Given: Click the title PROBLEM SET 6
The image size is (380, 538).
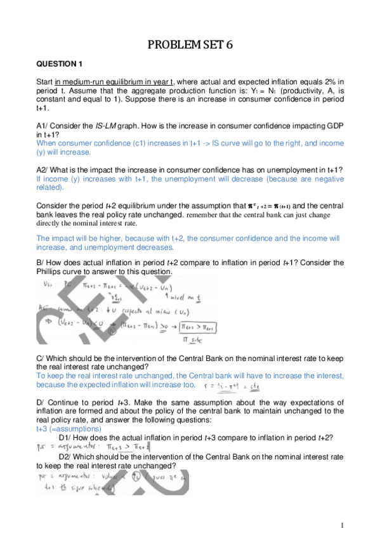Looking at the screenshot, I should (190, 44).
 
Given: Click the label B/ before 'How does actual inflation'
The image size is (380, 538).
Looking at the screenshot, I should (40, 263).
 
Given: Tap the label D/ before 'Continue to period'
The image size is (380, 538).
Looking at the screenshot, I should (40, 402).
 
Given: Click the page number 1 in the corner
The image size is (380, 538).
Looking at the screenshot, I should (341, 525).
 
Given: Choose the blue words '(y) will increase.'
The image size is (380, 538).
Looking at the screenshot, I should (63, 152).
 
